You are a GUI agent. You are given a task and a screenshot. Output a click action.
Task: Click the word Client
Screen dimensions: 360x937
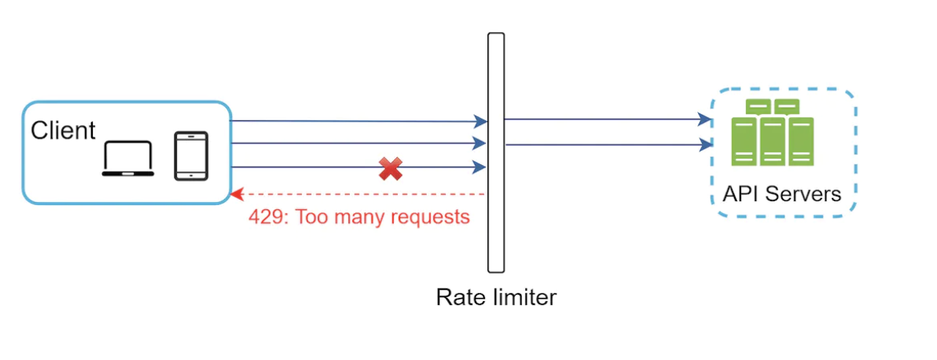(63, 130)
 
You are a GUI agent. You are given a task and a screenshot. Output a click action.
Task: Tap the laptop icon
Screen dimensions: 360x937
(127, 159)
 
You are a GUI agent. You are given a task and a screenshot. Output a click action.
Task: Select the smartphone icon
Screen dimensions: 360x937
(191, 155)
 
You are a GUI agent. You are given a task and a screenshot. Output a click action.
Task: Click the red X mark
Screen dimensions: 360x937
(391, 168)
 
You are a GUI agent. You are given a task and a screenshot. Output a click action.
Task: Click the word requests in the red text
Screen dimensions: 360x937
(434, 218)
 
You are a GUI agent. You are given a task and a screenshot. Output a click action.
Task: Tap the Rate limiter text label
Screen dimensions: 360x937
(496, 298)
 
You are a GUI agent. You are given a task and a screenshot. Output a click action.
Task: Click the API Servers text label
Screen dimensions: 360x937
(782, 193)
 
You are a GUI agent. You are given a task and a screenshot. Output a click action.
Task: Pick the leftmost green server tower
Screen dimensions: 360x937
(744, 141)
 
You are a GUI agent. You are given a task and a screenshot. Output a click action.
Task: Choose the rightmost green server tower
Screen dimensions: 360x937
(800, 141)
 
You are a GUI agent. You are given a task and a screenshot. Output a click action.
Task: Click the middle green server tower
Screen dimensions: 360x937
(772, 141)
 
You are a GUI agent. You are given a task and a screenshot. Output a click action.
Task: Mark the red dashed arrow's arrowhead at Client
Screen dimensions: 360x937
(235, 193)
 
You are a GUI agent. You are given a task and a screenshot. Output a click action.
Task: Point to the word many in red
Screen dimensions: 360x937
(368, 218)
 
